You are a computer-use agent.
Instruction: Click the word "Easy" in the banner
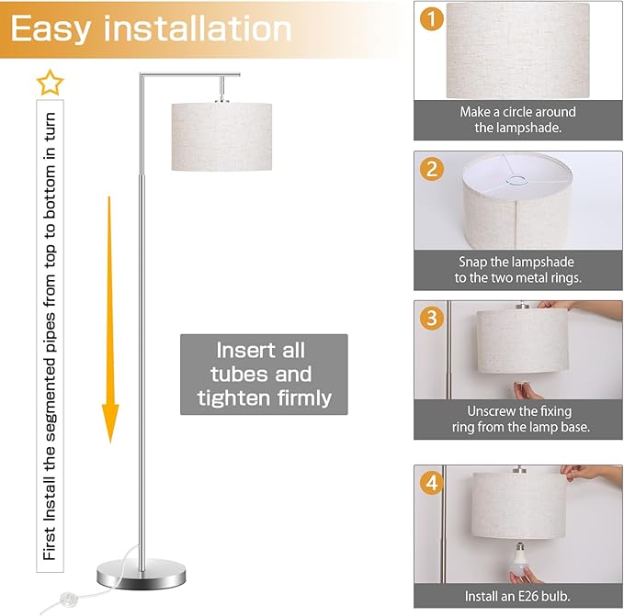[x=51, y=29]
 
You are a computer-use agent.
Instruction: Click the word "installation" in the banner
[x=198, y=28]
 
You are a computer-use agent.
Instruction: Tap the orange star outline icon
[x=51, y=83]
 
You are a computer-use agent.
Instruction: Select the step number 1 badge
[x=432, y=18]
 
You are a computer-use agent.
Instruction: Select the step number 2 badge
[x=432, y=169]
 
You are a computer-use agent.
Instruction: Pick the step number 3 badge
[x=432, y=318]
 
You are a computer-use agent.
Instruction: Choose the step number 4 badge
[x=432, y=483]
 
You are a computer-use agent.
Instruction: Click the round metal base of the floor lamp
[x=142, y=574]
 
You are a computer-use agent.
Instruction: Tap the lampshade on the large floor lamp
[x=221, y=137]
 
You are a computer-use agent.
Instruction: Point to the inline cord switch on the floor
[x=69, y=598]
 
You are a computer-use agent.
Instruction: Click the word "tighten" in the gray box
[x=232, y=398]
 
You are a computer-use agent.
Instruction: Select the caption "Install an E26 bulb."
[x=517, y=596]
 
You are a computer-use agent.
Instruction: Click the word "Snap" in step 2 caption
[x=472, y=262]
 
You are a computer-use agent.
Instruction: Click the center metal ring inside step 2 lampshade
[x=517, y=181]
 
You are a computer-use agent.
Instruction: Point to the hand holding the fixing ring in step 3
[x=528, y=390]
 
